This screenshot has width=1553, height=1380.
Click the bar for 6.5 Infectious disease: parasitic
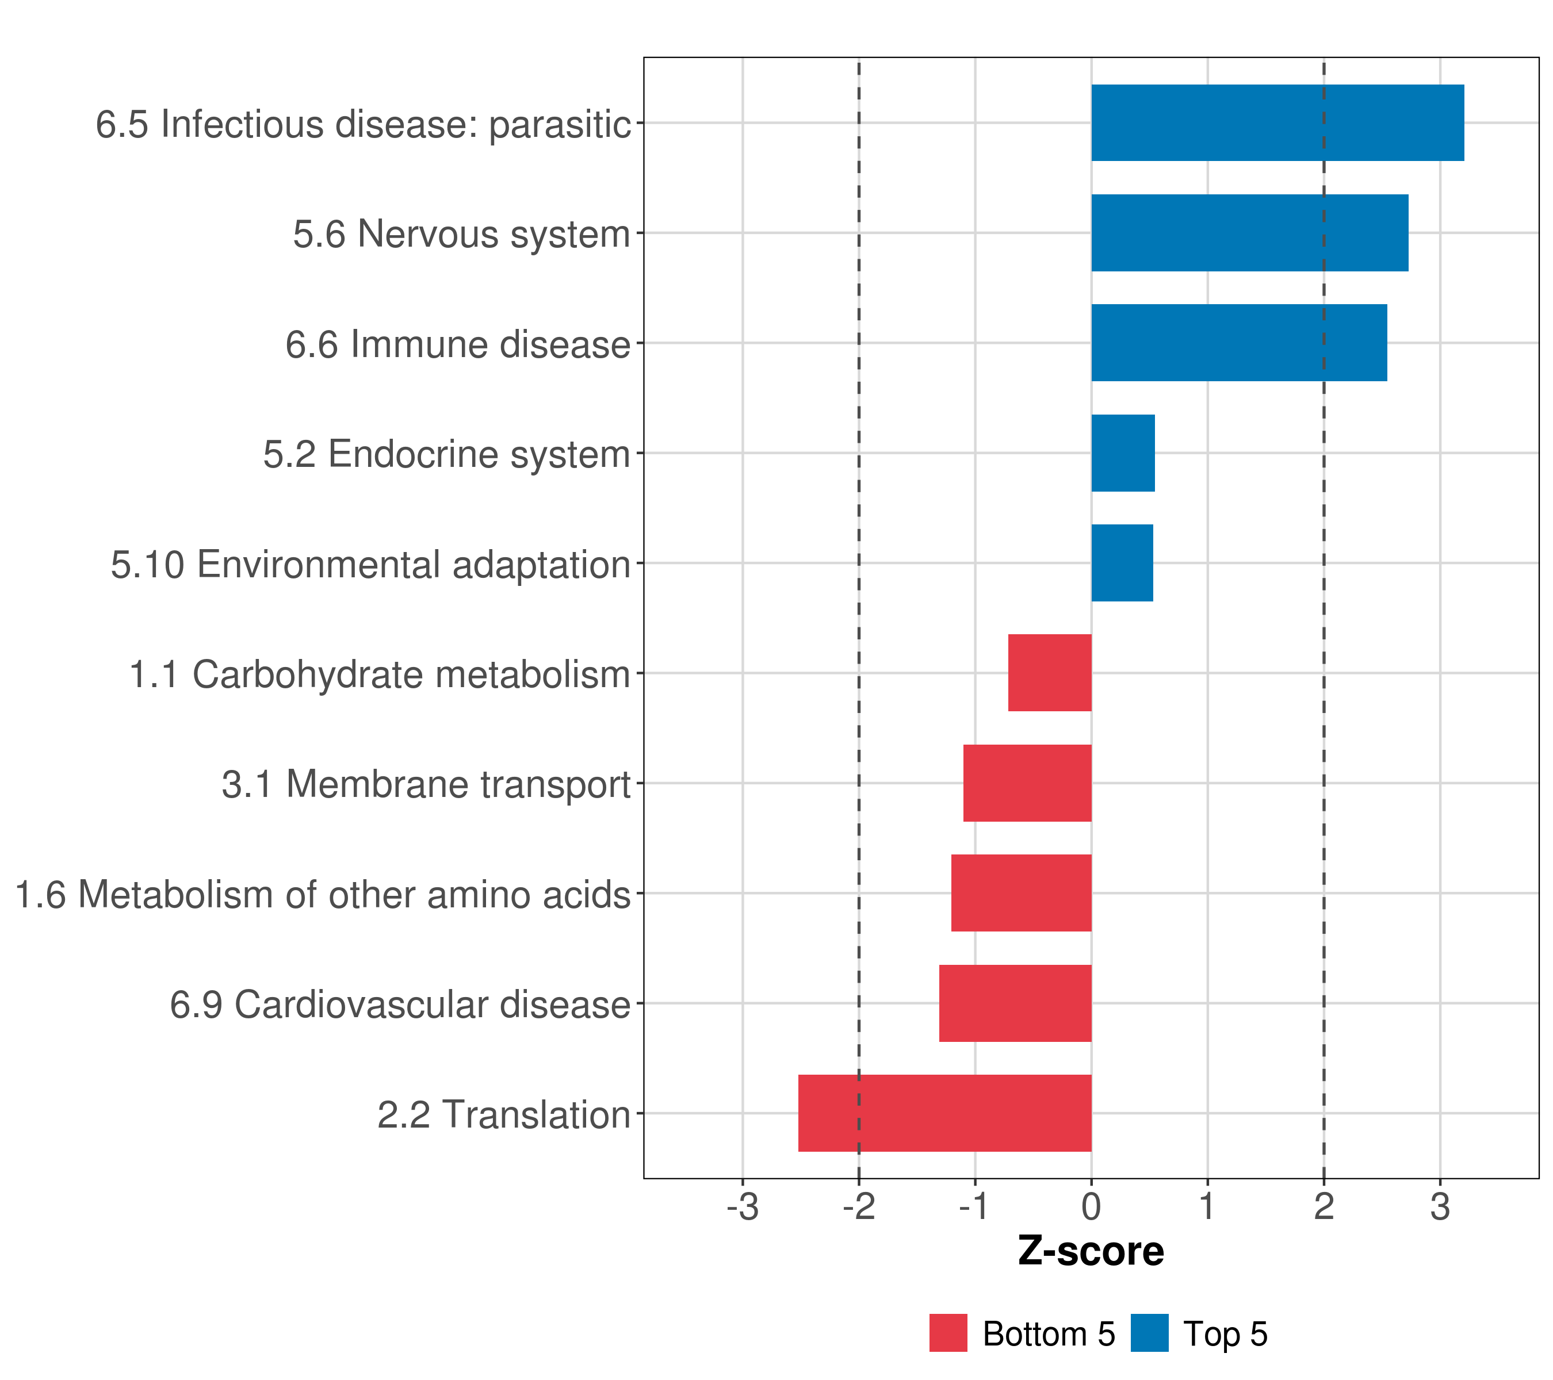click(1277, 122)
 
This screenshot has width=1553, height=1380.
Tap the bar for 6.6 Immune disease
click(1238, 343)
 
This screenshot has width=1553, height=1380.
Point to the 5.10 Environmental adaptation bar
click(1122, 563)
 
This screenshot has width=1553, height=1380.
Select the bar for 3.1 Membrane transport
click(1027, 783)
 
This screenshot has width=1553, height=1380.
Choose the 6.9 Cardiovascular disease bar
click(1015, 1003)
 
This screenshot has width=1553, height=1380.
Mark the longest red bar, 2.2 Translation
click(944, 1113)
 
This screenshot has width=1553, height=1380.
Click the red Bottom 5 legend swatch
click(948, 1333)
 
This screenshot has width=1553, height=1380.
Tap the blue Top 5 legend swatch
click(1149, 1333)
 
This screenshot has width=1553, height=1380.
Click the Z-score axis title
click(1091, 1252)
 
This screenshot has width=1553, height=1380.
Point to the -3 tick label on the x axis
click(743, 1207)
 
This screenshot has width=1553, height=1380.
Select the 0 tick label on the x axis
click(1091, 1207)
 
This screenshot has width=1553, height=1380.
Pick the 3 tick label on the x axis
click(1440, 1207)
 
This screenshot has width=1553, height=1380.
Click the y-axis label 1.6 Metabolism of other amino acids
click(323, 894)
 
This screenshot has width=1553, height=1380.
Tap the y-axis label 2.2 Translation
click(504, 1115)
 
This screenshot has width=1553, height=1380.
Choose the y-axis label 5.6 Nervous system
click(462, 234)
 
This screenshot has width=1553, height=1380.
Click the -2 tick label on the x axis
click(859, 1207)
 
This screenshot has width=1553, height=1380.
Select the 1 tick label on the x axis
click(1207, 1207)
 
